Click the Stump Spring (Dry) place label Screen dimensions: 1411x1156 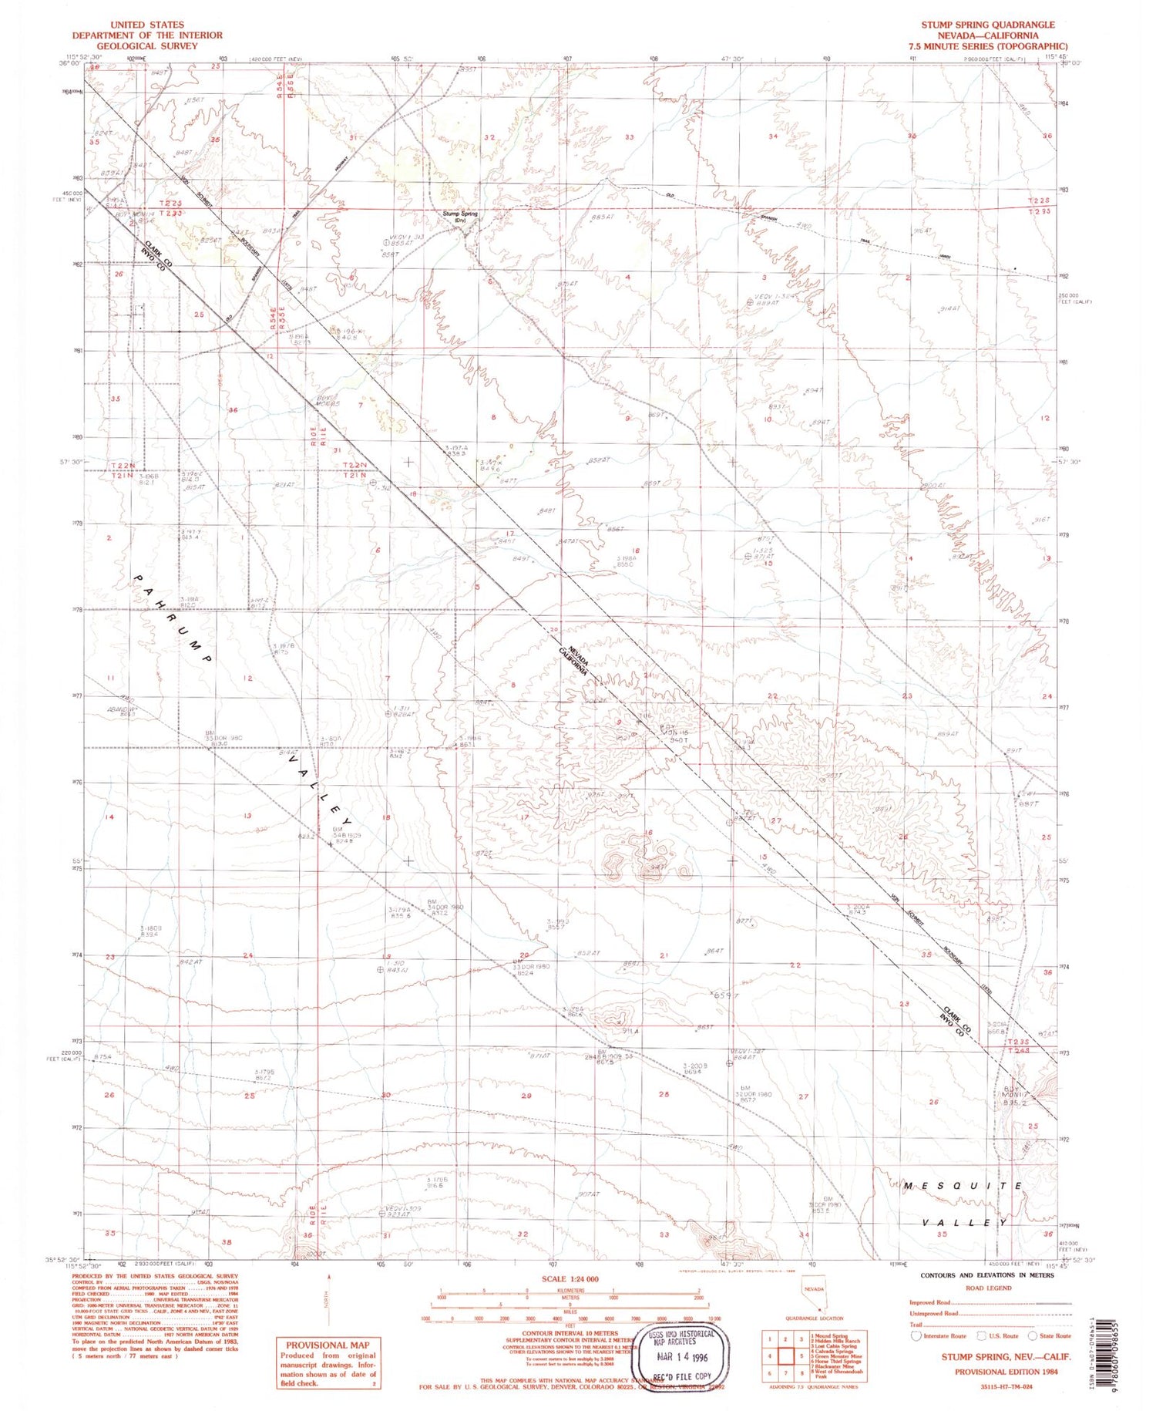[460, 217]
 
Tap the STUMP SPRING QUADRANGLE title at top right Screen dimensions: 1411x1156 [987, 25]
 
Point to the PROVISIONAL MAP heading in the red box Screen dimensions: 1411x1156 [328, 1345]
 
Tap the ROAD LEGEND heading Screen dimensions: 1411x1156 [988, 1288]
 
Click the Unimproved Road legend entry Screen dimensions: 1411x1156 [934, 1313]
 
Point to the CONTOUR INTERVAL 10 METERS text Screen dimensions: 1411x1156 [570, 1333]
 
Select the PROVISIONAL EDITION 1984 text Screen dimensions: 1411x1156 [1006, 1372]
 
